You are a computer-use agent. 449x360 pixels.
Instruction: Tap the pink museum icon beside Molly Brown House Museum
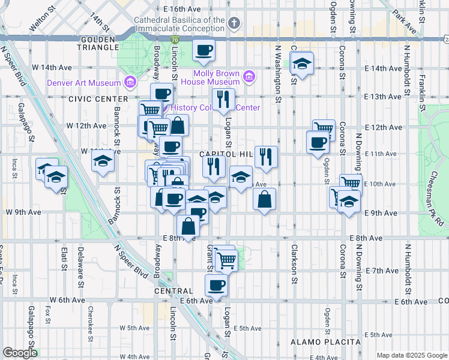click(249, 77)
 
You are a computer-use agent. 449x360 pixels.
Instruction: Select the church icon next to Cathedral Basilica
click(234, 23)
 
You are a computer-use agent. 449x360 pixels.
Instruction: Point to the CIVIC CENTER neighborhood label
click(98, 98)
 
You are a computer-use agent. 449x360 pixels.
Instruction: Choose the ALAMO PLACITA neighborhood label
click(325, 342)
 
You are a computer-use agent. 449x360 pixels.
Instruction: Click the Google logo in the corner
click(20, 353)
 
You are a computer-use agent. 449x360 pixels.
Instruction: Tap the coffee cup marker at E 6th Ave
click(216, 286)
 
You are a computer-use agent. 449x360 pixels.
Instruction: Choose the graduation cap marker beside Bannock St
click(103, 161)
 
